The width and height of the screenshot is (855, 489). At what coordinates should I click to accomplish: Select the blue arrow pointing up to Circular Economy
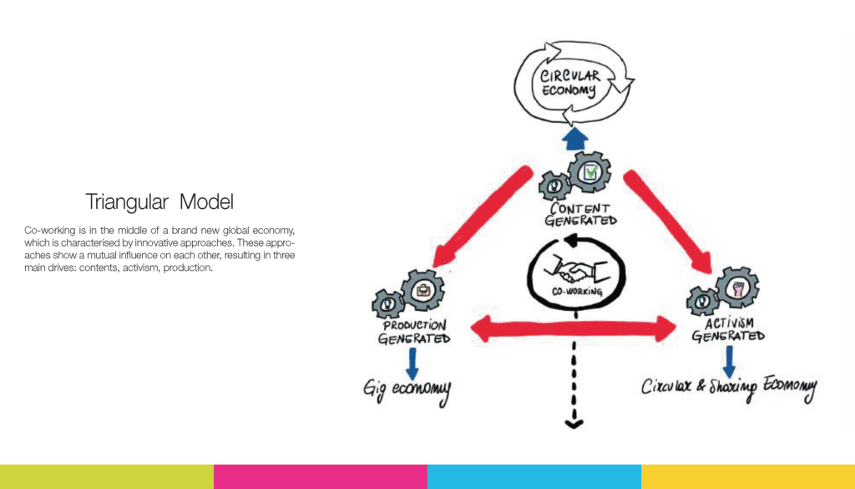pos(575,139)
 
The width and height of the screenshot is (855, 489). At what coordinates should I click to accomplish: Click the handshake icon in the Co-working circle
pos(575,269)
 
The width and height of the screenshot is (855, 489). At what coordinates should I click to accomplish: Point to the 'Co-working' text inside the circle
pos(576,293)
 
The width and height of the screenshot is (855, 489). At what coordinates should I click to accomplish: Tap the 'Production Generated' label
pos(414,332)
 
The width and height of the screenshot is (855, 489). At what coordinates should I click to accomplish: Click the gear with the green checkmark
pos(589,172)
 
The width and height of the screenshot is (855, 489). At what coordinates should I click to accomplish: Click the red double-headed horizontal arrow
pos(575,329)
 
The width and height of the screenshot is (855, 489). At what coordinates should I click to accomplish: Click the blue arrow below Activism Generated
pos(729,359)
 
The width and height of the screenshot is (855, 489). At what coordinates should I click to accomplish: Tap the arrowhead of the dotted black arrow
pos(574,424)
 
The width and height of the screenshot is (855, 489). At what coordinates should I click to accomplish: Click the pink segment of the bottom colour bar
pos(321,476)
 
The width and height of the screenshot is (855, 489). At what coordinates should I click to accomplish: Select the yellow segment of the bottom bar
pos(748,476)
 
